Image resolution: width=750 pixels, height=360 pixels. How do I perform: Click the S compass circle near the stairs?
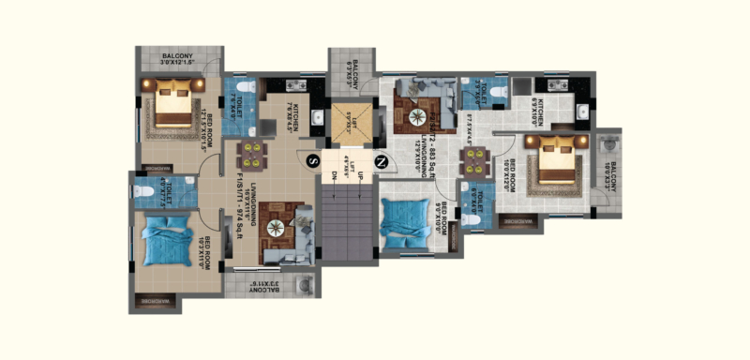[x=312, y=161]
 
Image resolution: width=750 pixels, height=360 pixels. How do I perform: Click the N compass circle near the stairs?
[x=381, y=161]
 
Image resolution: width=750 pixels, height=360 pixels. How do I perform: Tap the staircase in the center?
[x=346, y=217]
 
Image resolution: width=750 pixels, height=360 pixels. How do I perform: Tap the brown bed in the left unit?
[x=173, y=102]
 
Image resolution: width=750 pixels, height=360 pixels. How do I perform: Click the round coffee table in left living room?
[x=278, y=228]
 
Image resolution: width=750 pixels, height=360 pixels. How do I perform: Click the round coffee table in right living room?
[x=416, y=116]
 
